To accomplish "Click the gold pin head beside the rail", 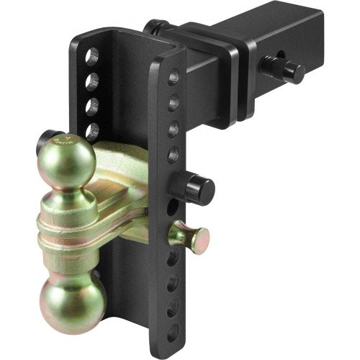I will pos(190,235).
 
